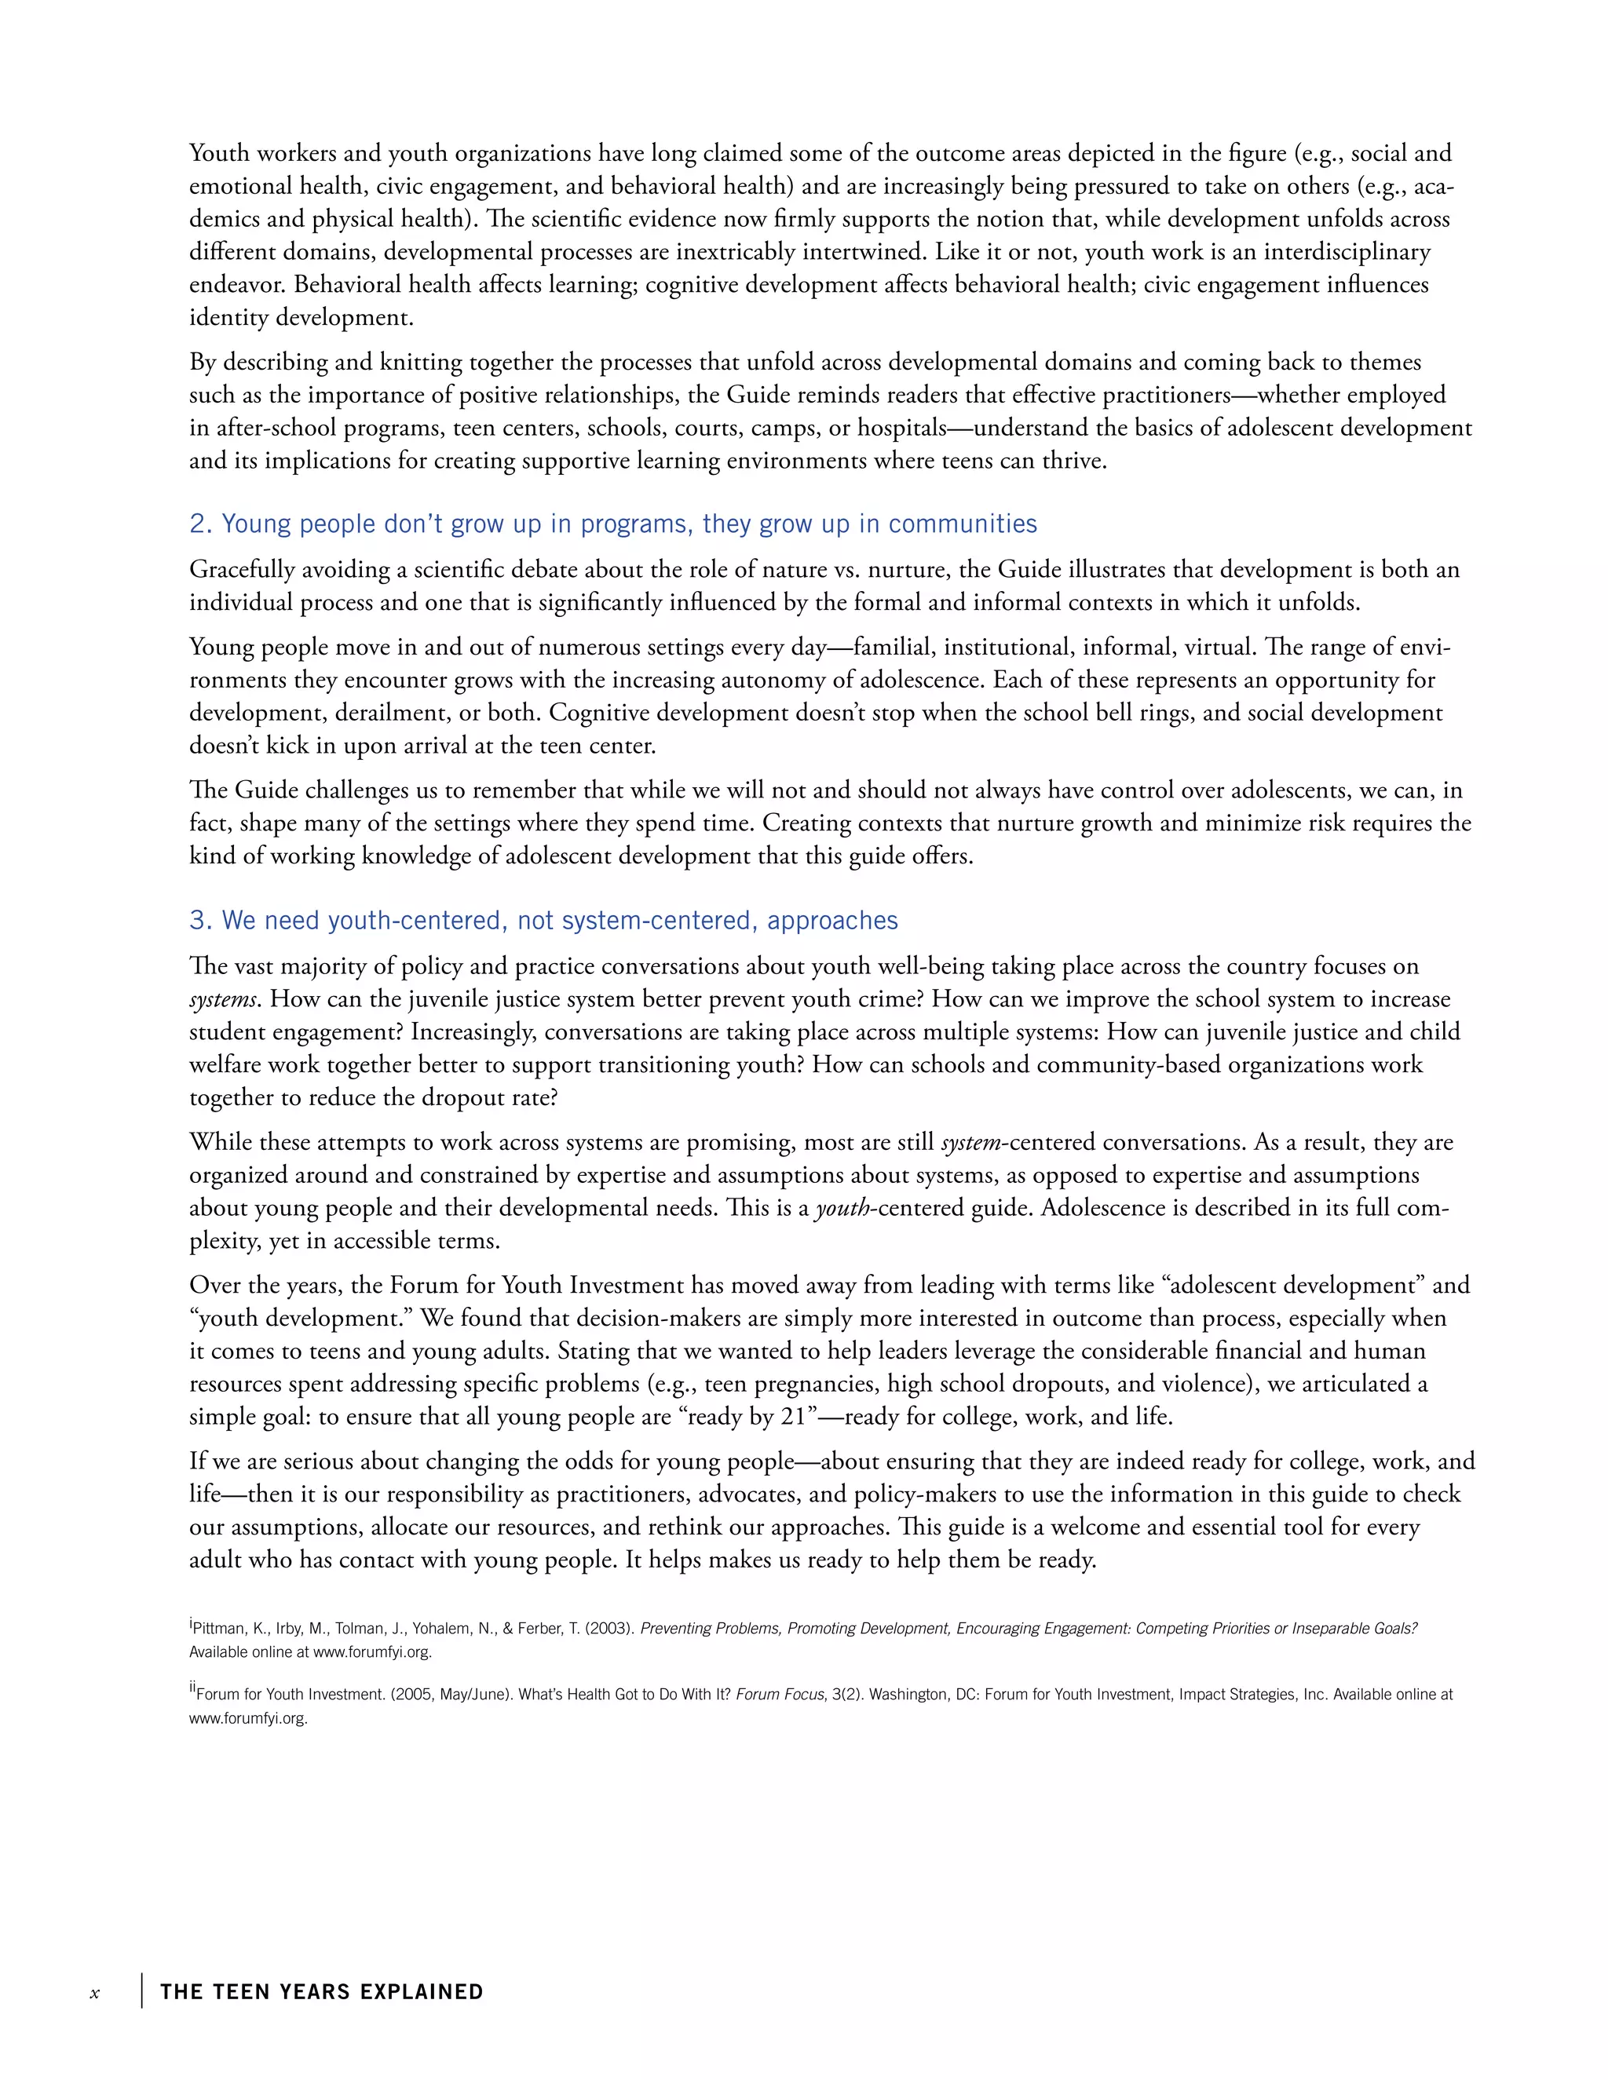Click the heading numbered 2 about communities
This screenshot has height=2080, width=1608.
click(612, 524)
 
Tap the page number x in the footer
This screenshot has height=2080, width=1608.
click(94, 1994)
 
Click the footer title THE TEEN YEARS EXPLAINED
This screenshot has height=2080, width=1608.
click(322, 1992)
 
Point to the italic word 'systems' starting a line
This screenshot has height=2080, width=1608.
click(222, 1000)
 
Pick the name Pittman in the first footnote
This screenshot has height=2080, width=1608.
click(218, 1629)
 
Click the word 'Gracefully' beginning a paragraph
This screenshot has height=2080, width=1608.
click(241, 570)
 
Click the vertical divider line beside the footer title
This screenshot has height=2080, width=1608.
click(142, 1991)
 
